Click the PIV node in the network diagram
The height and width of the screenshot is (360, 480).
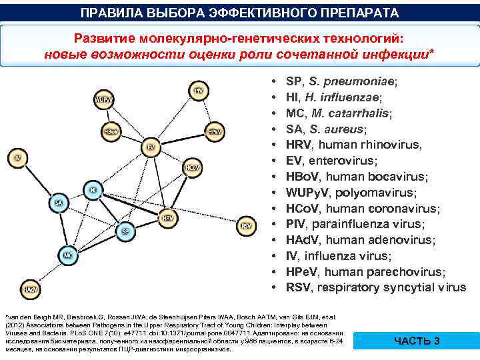coord(199,91)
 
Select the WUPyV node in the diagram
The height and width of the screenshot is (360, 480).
coord(103,101)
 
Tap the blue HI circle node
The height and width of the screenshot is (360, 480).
coord(93,191)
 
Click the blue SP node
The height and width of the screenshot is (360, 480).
coord(124,231)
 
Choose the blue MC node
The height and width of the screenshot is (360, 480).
coord(67,255)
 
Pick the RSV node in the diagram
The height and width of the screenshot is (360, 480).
coord(247,226)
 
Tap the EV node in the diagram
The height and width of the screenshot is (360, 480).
coord(151,146)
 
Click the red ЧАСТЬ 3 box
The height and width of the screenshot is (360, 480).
coord(417,341)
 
